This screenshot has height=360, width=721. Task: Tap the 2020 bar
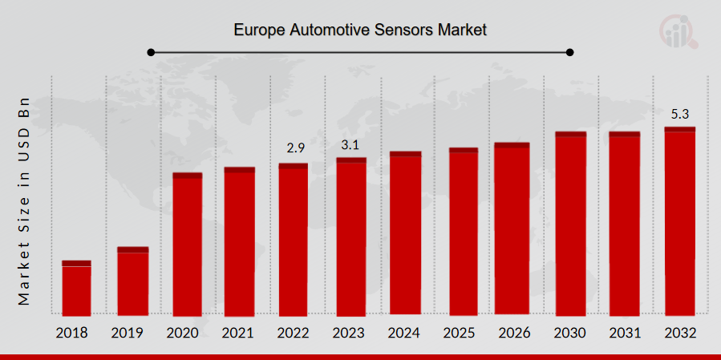tap(188, 244)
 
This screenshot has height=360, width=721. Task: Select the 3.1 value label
tap(350, 144)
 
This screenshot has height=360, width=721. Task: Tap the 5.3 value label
tap(680, 114)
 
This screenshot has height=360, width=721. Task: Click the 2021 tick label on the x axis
tap(240, 333)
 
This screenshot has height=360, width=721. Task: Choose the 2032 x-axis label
tap(679, 333)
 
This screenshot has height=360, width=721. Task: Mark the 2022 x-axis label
tap(294, 333)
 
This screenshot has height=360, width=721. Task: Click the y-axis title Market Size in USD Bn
tap(24, 201)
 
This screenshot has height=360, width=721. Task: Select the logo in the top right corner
tap(678, 30)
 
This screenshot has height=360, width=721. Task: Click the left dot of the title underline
tap(151, 53)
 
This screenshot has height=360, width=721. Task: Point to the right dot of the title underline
tap(570, 53)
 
